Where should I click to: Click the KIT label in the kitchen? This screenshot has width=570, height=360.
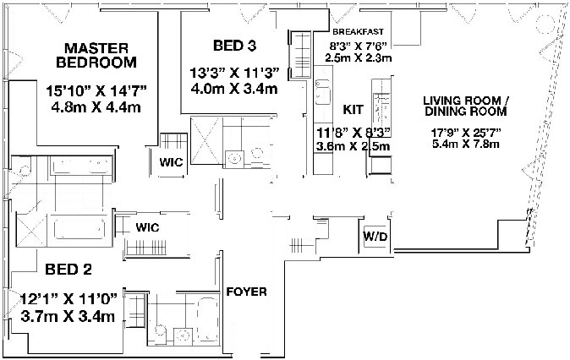pos(353,110)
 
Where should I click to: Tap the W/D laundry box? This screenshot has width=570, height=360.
pos(375,236)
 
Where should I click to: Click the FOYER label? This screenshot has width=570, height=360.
pos(247,292)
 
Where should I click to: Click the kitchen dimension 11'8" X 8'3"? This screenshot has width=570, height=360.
pos(353,132)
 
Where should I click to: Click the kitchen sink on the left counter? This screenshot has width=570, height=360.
pos(322,90)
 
